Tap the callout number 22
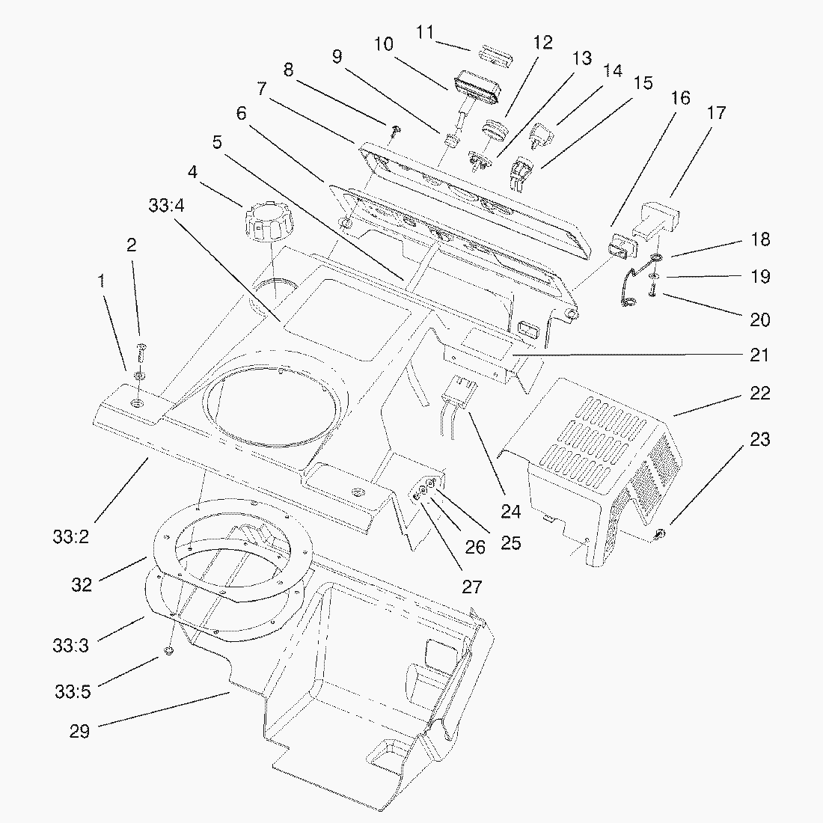tap(759, 394)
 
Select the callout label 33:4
tap(166, 205)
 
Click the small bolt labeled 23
tap(661, 533)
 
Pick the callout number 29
tap(79, 731)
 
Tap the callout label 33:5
tap(72, 691)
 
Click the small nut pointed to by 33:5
tap(169, 652)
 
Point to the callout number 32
tap(82, 584)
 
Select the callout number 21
tap(759, 355)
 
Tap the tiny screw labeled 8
tap(396, 132)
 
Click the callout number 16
tap(680, 98)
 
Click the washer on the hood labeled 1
tap(140, 374)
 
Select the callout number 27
tap(471, 586)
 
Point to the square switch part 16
tap(619, 245)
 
